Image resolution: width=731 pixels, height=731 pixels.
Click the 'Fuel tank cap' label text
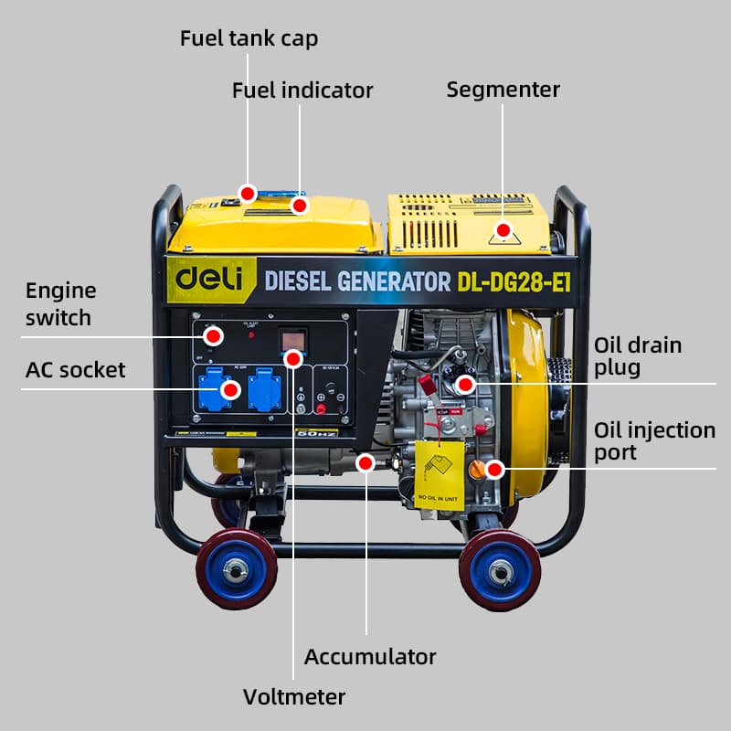249,38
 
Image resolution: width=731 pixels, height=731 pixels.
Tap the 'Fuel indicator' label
302,90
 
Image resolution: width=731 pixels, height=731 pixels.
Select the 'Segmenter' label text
503,90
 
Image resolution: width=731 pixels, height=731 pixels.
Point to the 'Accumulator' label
370,656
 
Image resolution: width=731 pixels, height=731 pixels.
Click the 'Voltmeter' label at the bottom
294,697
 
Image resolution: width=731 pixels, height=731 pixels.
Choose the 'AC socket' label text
76,370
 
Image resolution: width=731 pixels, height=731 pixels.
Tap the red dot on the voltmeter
293,359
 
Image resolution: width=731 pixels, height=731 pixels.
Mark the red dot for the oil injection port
494,470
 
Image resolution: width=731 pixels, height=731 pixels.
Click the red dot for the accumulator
365,463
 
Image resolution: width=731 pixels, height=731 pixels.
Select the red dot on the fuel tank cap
247,193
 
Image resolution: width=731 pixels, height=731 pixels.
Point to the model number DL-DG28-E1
514,281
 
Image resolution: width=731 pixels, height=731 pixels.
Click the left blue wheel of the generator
237,568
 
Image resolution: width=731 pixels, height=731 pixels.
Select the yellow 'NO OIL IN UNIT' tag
439,474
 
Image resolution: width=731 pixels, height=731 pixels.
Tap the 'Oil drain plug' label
638,356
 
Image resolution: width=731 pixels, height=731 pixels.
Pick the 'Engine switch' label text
60,304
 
